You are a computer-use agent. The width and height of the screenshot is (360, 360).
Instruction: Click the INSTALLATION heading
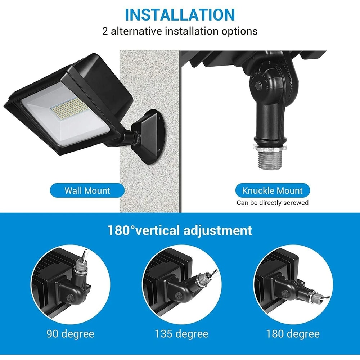point(180,14)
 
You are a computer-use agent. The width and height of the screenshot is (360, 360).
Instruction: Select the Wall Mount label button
point(87,190)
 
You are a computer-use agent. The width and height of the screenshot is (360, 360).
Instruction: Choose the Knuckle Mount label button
point(272,190)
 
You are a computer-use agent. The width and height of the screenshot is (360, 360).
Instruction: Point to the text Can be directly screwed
point(272,203)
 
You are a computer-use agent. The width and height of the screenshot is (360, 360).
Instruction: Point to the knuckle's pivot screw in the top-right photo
point(258,86)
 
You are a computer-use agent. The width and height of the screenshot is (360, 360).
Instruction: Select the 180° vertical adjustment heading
point(180,230)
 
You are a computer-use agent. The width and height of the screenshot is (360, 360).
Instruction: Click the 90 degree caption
point(70,334)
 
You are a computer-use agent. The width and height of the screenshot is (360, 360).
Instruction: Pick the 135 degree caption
point(181,334)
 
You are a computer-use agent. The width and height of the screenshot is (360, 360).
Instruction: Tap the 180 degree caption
point(293,334)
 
